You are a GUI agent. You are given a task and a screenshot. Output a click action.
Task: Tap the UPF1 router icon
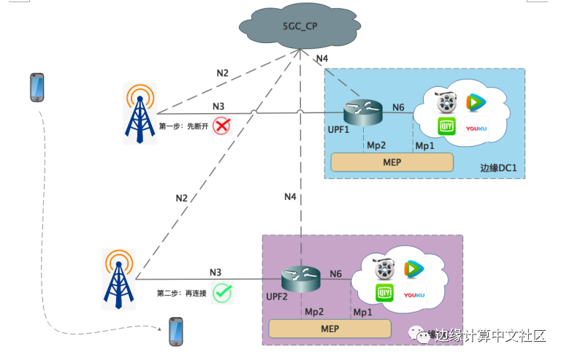(363, 112)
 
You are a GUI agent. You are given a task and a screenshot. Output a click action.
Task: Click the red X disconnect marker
(221, 126)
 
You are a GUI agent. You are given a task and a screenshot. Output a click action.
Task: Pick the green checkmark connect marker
(223, 293)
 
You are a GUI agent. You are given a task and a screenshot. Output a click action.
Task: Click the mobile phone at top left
(37, 88)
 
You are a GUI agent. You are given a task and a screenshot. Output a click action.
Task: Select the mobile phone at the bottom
(176, 331)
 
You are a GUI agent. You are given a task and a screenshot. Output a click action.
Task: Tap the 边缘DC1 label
(498, 168)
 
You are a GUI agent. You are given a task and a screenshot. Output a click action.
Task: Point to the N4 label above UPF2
(290, 196)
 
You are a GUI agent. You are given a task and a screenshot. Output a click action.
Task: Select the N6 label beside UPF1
(398, 107)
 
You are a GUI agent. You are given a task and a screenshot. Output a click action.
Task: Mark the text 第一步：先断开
(183, 126)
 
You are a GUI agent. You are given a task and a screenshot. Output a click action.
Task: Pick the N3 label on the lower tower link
(216, 272)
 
